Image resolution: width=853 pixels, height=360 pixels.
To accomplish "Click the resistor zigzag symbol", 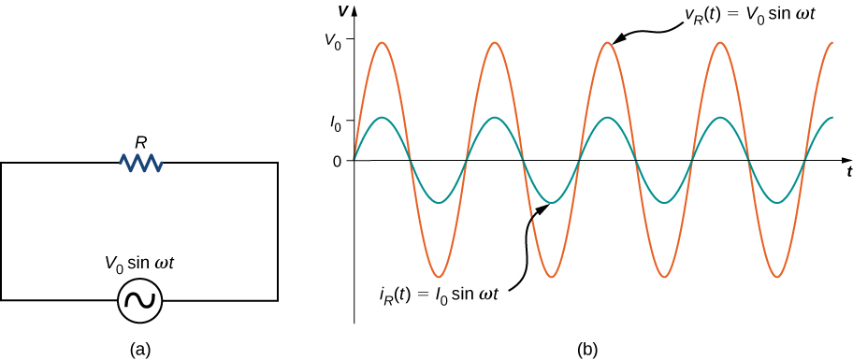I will point(141,164).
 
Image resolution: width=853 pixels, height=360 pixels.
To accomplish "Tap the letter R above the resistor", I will point(141,143).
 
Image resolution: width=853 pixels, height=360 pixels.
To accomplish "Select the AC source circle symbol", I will point(140,300).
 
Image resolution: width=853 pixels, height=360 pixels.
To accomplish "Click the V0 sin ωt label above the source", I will point(140,264).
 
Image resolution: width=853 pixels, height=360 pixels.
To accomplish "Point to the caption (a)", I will point(140,350).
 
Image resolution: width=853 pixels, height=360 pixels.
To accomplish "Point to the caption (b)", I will point(587,350).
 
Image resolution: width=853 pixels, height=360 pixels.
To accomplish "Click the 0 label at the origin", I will point(338,161).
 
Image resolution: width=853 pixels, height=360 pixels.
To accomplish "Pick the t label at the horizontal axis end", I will point(847,173).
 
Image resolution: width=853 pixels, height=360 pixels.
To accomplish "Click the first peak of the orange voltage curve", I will point(382,42).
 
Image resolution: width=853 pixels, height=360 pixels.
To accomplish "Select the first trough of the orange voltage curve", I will point(438,277).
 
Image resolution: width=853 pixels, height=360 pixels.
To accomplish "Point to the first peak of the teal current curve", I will point(382,118).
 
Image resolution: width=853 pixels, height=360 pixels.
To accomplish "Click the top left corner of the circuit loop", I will point(2,164).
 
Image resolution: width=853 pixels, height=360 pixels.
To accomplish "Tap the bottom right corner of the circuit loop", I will point(278,300).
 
